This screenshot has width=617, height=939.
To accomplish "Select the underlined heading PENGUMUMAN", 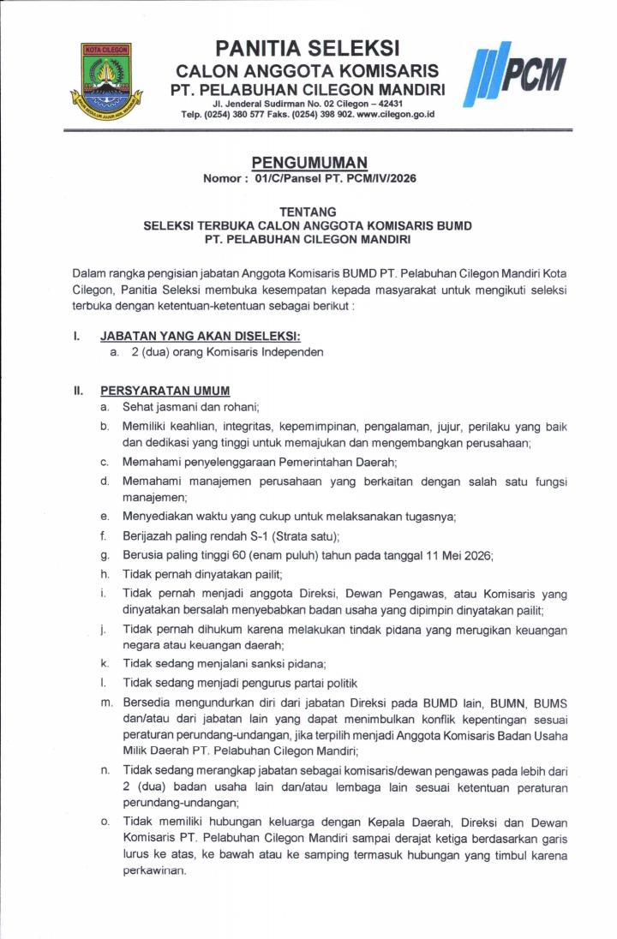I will pos(308,162).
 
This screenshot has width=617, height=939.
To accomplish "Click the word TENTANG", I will pos(308,212).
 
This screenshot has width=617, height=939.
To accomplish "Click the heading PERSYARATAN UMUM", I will pos(165,391).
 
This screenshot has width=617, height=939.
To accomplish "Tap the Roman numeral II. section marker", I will pos(78,391).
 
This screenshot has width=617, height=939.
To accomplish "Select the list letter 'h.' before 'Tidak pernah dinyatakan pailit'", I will pos(104,574).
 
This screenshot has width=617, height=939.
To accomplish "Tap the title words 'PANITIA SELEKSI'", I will pos(308,47).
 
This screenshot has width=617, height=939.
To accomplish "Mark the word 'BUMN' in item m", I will pos(502,703).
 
